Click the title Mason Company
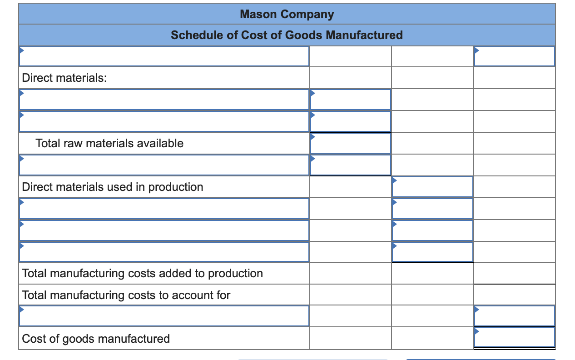pos(287,14)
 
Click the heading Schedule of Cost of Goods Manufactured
pos(287,35)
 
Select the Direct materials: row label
pos(64,78)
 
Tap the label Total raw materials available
pos(109,143)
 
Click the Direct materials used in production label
pos(113,187)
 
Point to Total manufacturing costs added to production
pos(143,273)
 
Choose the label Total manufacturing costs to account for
pos(126,295)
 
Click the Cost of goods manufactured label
pos(96,339)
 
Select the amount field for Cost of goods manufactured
pos(514,338)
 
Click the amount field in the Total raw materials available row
pos(350,143)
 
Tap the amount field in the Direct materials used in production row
pos(432,187)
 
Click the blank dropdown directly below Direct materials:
pos(164,100)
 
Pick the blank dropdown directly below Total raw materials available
pos(164,165)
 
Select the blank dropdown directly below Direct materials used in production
pos(164,209)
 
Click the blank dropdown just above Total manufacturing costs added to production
pos(164,252)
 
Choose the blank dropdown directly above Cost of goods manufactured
pos(164,316)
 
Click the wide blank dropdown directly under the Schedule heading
pos(164,56)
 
